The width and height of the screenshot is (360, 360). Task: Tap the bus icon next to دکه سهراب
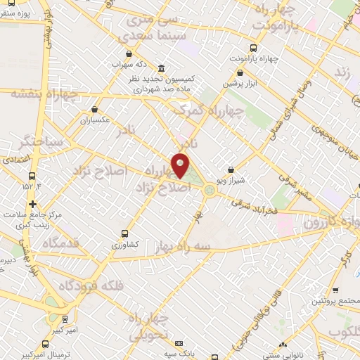click(127, 53)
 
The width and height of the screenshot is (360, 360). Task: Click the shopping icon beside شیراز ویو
click(231, 169)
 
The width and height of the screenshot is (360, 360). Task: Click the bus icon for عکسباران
click(95, 109)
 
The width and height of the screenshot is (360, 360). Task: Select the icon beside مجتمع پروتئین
click(335, 289)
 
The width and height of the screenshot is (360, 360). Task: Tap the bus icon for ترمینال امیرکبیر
click(46, 344)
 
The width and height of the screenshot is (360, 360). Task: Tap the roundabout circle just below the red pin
click(209, 190)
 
